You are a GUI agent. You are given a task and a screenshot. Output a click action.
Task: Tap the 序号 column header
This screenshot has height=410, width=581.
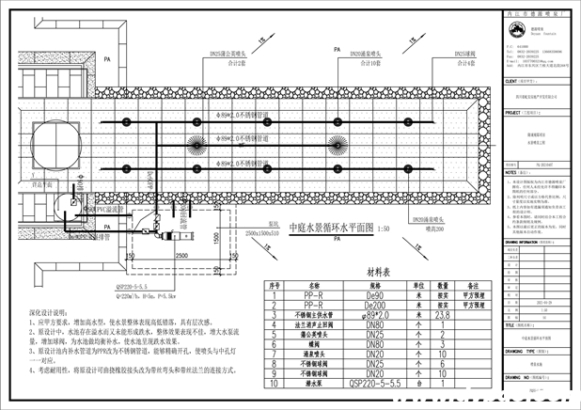tap(275, 284)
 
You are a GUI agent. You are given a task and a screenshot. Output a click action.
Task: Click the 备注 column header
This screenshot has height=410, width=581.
tap(471, 284)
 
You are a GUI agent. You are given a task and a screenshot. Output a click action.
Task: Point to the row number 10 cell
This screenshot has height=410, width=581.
tap(275, 384)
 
